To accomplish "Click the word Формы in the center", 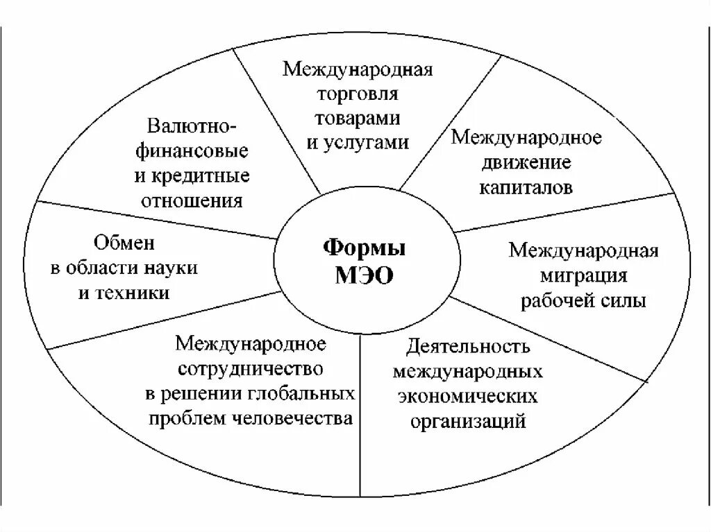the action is tap(365, 248).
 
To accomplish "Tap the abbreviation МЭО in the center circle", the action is tap(365, 276).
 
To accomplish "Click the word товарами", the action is tap(358, 118).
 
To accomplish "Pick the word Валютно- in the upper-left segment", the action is tap(192, 127).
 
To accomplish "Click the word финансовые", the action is tap(192, 151).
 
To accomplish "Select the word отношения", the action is tap(192, 200).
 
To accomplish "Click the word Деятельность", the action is tap(469, 346).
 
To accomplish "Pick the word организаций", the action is tap(468, 421).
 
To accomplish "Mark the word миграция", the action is tap(583, 275).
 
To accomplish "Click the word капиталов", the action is tap(526, 187).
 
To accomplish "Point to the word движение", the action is tap(526, 162).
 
